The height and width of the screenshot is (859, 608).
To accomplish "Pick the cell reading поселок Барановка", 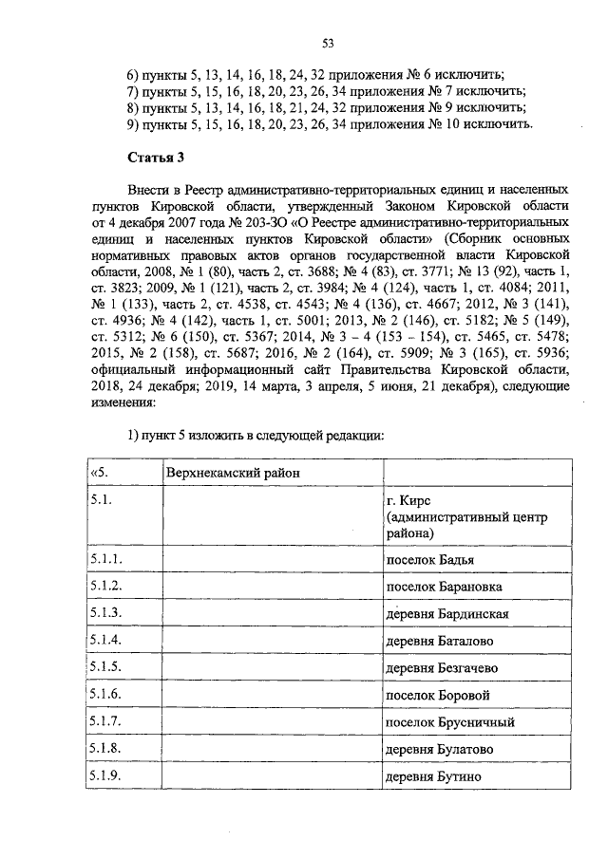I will tap(444, 587).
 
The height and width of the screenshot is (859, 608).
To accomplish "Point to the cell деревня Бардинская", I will tap(446, 614).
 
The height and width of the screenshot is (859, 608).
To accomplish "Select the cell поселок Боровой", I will tap(434, 696).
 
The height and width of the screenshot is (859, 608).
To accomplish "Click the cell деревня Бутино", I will tap(432, 777).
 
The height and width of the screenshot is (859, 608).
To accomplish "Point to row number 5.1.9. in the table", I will tap(104, 777).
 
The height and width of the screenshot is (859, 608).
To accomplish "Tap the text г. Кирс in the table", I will tap(410, 499).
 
